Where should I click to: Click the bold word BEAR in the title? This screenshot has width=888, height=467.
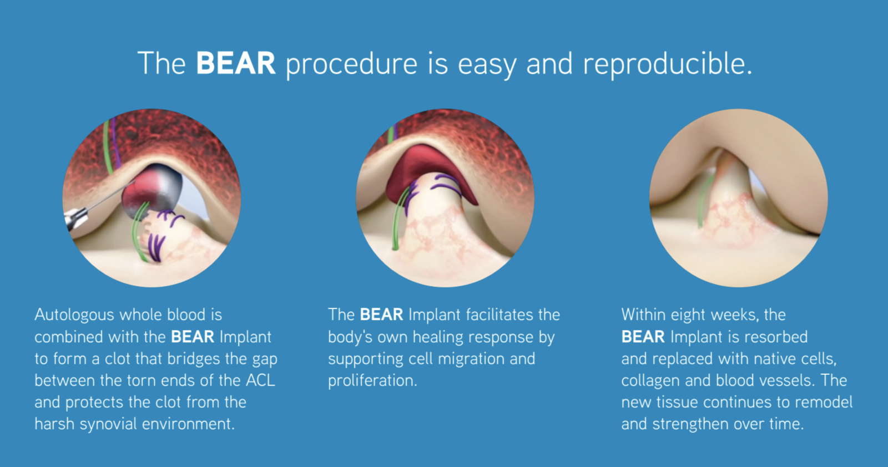(235, 63)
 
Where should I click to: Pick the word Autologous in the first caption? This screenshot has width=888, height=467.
(74, 316)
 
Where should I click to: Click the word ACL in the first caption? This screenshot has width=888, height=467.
(260, 380)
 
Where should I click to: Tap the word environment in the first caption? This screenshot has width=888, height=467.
(188, 424)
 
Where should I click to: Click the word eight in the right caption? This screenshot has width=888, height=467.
(688, 316)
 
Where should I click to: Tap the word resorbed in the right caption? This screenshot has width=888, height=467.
(776, 337)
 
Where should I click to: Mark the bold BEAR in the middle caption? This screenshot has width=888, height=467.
(381, 315)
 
